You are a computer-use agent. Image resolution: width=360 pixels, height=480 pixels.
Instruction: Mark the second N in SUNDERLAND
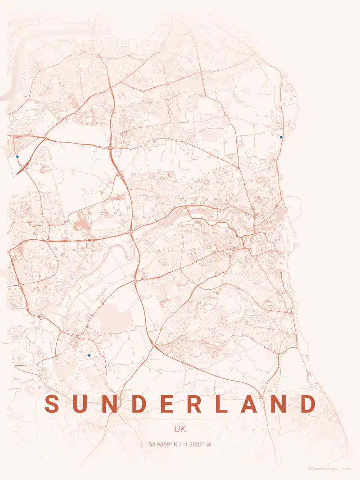click(x=279, y=404)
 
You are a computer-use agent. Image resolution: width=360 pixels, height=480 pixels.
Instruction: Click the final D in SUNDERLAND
click(x=308, y=404)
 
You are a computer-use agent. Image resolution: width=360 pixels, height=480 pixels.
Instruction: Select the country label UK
click(x=180, y=429)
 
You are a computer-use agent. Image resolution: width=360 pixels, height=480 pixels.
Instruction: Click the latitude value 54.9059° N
click(x=163, y=444)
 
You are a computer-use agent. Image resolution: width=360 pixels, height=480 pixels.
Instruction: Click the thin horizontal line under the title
click(x=180, y=420)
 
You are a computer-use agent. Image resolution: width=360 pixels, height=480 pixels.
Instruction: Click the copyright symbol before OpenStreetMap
click(x=309, y=468)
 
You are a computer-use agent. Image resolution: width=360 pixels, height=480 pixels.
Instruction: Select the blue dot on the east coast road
click(x=281, y=137)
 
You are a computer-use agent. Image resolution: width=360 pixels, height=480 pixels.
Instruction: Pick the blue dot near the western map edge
click(x=18, y=157)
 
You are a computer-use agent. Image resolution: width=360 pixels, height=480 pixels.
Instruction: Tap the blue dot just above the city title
click(x=89, y=355)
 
